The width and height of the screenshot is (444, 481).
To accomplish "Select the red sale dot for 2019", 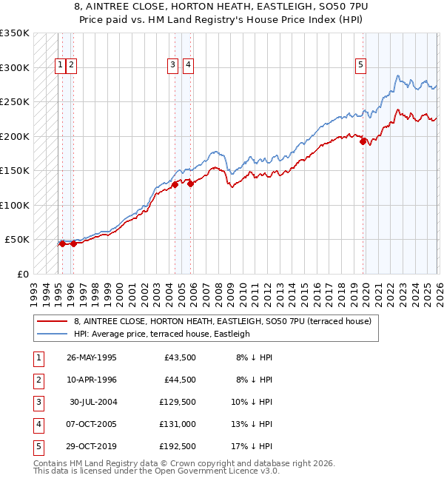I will [x=363, y=141].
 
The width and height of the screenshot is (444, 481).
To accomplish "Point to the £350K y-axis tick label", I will [x=15, y=33].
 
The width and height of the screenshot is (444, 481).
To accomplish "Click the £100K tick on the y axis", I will [x=15, y=205].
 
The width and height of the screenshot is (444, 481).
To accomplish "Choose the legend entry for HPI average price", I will [x=161, y=334].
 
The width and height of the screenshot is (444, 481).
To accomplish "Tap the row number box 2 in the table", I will [x=38, y=380].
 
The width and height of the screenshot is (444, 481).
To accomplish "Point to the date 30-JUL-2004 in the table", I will [x=92, y=402].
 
